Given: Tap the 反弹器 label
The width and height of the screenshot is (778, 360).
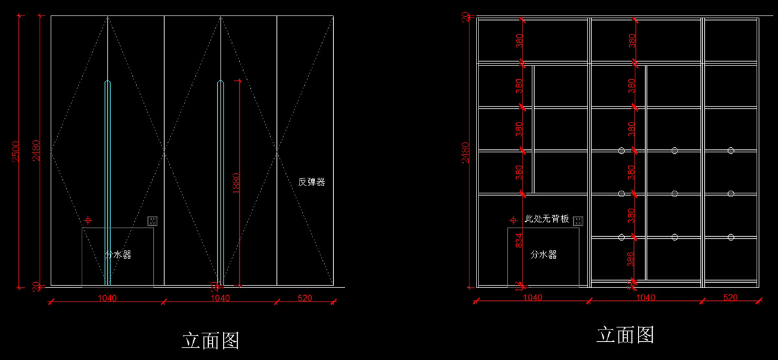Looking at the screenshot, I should pyautogui.click(x=311, y=182).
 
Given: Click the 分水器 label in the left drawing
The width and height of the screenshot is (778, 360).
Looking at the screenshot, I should pyautogui.click(x=118, y=255).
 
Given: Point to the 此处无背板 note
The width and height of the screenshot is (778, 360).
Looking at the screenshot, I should pyautogui.click(x=547, y=219).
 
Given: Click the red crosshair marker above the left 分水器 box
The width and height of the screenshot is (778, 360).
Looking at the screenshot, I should pyautogui.click(x=89, y=221).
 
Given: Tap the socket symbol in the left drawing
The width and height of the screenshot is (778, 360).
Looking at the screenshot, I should pyautogui.click(x=152, y=221).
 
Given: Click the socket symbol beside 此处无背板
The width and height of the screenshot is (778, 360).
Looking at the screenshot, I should pyautogui.click(x=578, y=221).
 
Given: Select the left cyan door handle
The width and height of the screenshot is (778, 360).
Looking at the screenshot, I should pyautogui.click(x=108, y=182).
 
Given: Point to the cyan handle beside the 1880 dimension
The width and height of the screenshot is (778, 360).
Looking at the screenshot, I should pyautogui.click(x=220, y=182).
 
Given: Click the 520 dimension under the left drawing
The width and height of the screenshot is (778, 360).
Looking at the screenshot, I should pyautogui.click(x=305, y=298).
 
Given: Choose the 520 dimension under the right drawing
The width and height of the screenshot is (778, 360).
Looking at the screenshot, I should pyautogui.click(x=730, y=298).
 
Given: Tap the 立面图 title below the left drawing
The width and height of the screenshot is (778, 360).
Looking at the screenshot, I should pyautogui.click(x=211, y=341).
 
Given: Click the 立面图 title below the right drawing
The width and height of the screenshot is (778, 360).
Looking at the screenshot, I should pyautogui.click(x=625, y=335).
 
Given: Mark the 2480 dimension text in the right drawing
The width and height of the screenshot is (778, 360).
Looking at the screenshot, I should pyautogui.click(x=466, y=154).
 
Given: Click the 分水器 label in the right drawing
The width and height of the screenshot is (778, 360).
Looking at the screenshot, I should pyautogui.click(x=543, y=255).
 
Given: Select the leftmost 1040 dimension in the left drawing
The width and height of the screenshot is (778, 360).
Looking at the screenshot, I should pyautogui.click(x=107, y=298).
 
